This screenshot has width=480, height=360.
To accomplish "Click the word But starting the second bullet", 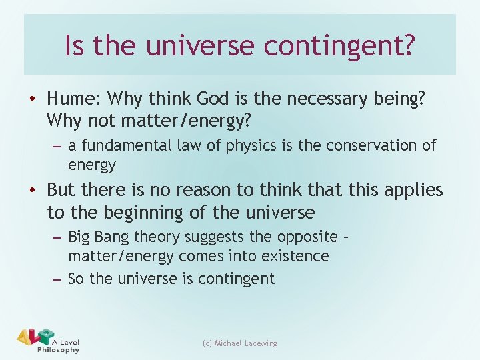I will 62,190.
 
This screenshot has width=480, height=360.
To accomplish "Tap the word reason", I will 197,190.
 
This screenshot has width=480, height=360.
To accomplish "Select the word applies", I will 414,191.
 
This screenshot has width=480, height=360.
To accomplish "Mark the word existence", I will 295,256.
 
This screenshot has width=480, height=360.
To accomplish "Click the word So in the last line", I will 77,279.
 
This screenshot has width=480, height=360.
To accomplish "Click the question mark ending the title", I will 407,45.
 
